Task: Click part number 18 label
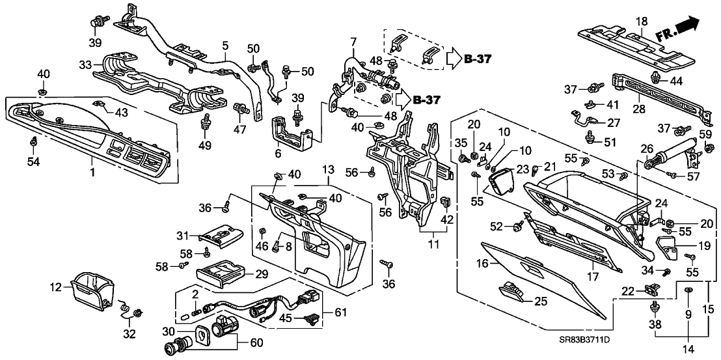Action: tap(642, 21)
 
